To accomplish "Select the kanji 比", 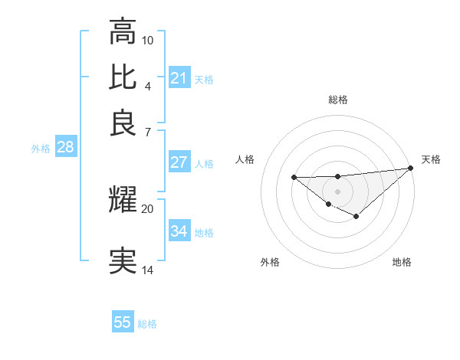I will (123, 77).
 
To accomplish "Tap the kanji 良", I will (123, 123).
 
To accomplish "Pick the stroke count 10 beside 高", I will (148, 39).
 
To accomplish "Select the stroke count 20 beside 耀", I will (148, 208).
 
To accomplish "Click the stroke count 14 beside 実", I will (148, 270).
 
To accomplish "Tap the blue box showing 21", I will (179, 77).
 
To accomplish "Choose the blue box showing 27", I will (179, 162).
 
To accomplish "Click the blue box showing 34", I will (179, 231).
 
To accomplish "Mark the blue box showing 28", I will (65, 148).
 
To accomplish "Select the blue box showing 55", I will (123, 322).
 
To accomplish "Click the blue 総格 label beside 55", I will (147, 324).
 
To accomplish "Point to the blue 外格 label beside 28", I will (41, 149).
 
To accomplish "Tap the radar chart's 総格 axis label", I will (337, 100).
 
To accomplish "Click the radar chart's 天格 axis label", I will (431, 159).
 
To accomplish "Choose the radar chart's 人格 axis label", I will (245, 159).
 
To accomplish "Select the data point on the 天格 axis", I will (411, 168).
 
